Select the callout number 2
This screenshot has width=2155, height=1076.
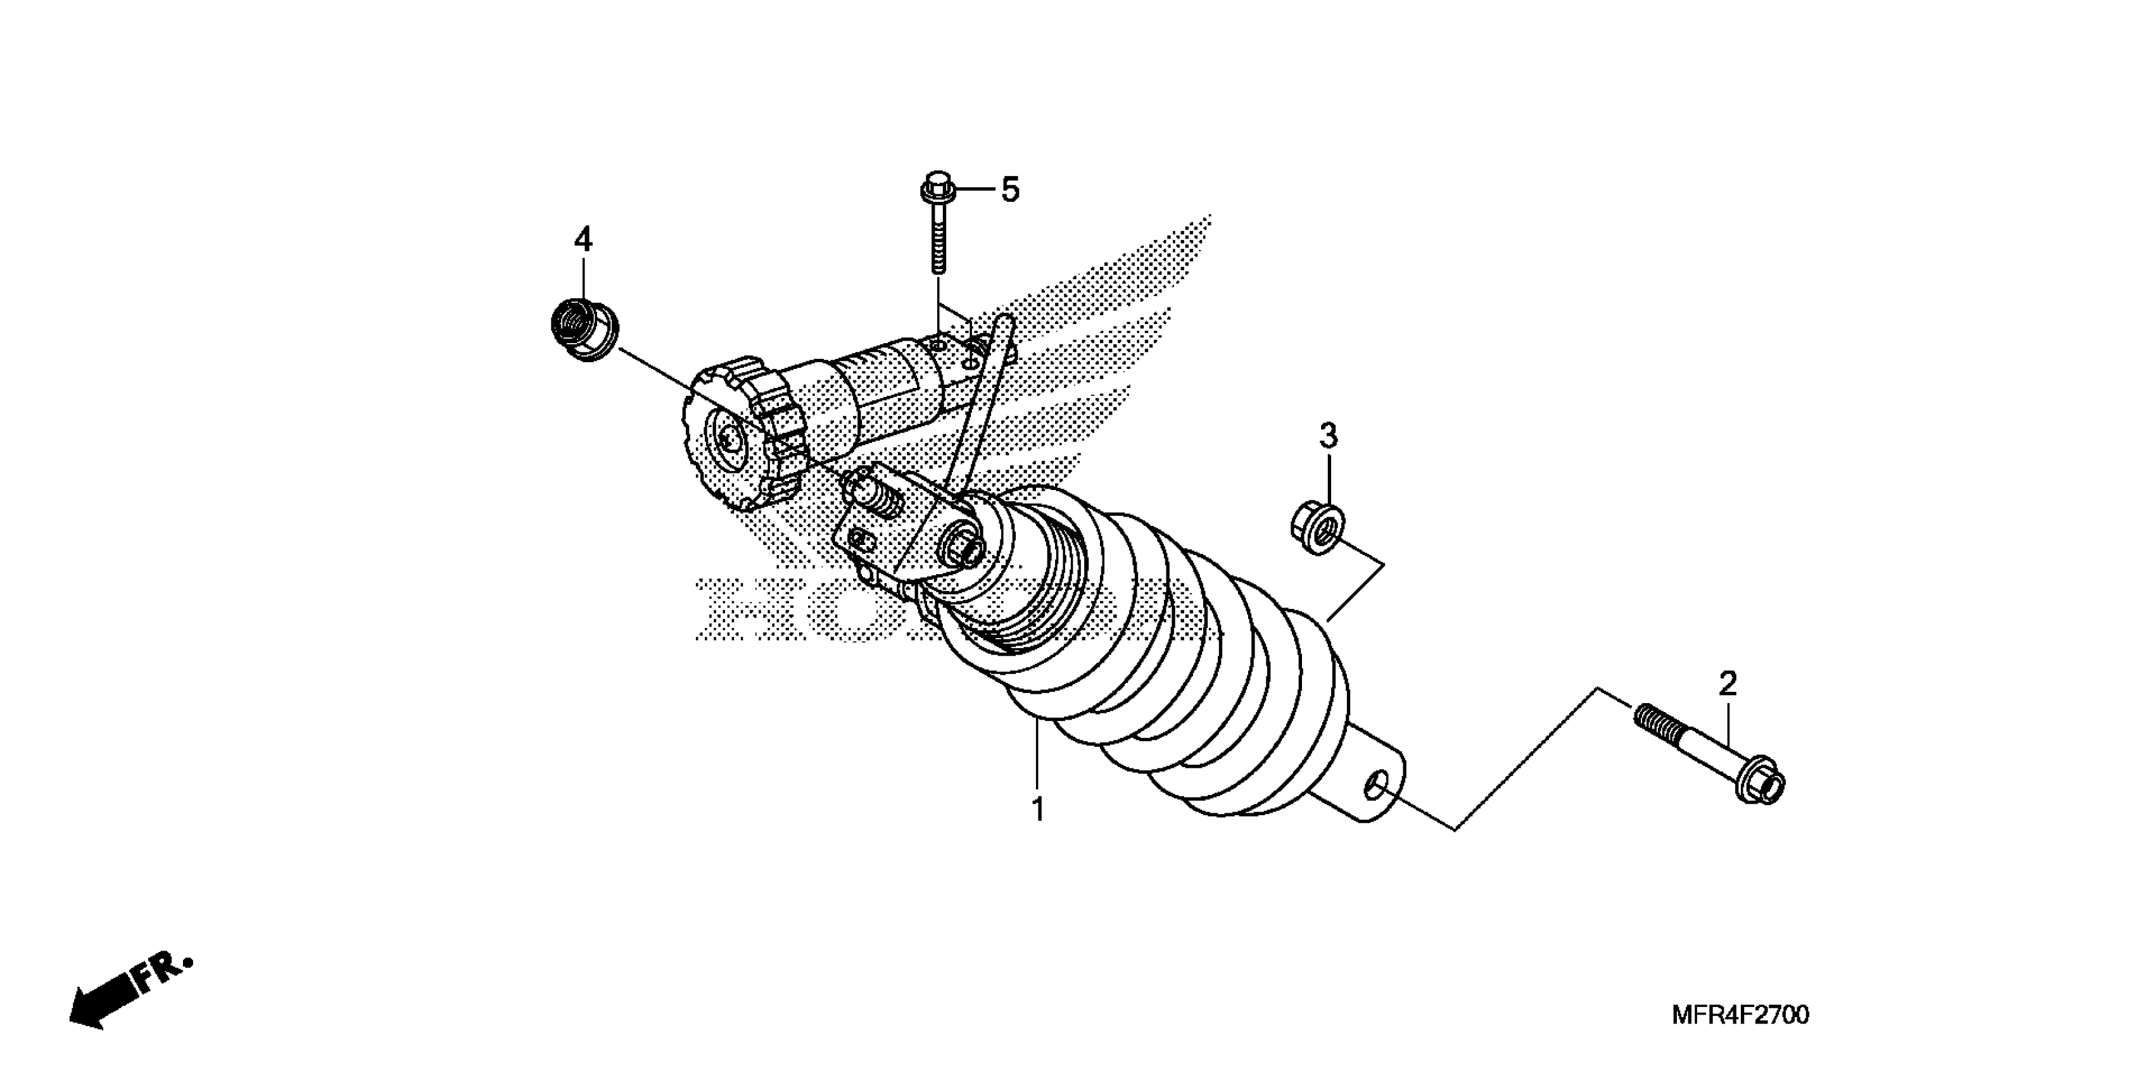tap(1728, 684)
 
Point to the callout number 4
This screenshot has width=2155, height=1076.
tap(583, 240)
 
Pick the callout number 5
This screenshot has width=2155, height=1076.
tap(1011, 191)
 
